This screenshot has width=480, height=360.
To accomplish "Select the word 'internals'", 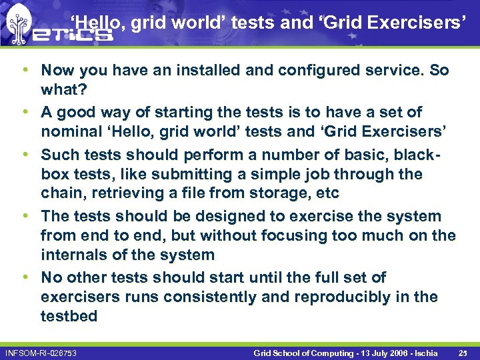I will coord(75,255).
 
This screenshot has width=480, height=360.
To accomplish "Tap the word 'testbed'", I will coord(69,316).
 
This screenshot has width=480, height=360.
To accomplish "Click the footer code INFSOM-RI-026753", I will coord(41,351).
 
